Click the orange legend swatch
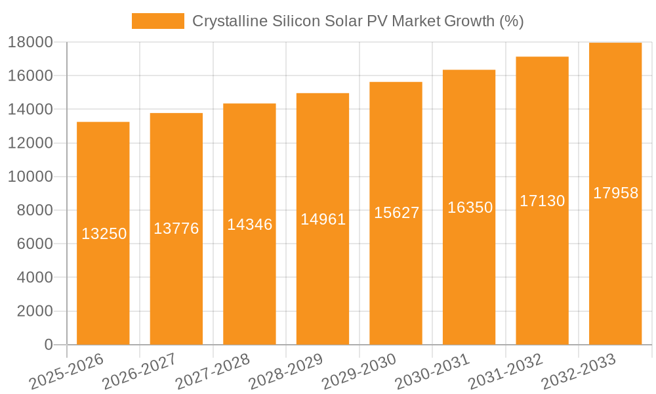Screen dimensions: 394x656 [x=157, y=21]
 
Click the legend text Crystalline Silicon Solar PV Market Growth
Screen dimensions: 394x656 [x=358, y=21]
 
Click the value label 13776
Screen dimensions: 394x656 [x=176, y=229]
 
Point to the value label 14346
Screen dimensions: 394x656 [x=249, y=224]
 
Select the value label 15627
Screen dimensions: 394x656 [x=396, y=213]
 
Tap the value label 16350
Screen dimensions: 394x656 [x=470, y=208]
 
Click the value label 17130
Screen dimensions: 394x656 [x=543, y=201]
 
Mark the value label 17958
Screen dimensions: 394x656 [x=615, y=193]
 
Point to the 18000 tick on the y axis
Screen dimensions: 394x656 [x=30, y=42]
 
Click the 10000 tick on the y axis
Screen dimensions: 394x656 [x=30, y=177]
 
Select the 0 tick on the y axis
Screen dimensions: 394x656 [x=48, y=345]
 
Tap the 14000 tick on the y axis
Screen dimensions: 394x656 [x=30, y=109]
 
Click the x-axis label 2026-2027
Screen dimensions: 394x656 [x=139, y=371]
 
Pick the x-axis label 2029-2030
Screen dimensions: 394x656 [x=359, y=371]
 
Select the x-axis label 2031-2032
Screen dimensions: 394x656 [x=505, y=371]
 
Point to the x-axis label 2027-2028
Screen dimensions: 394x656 [x=213, y=371]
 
